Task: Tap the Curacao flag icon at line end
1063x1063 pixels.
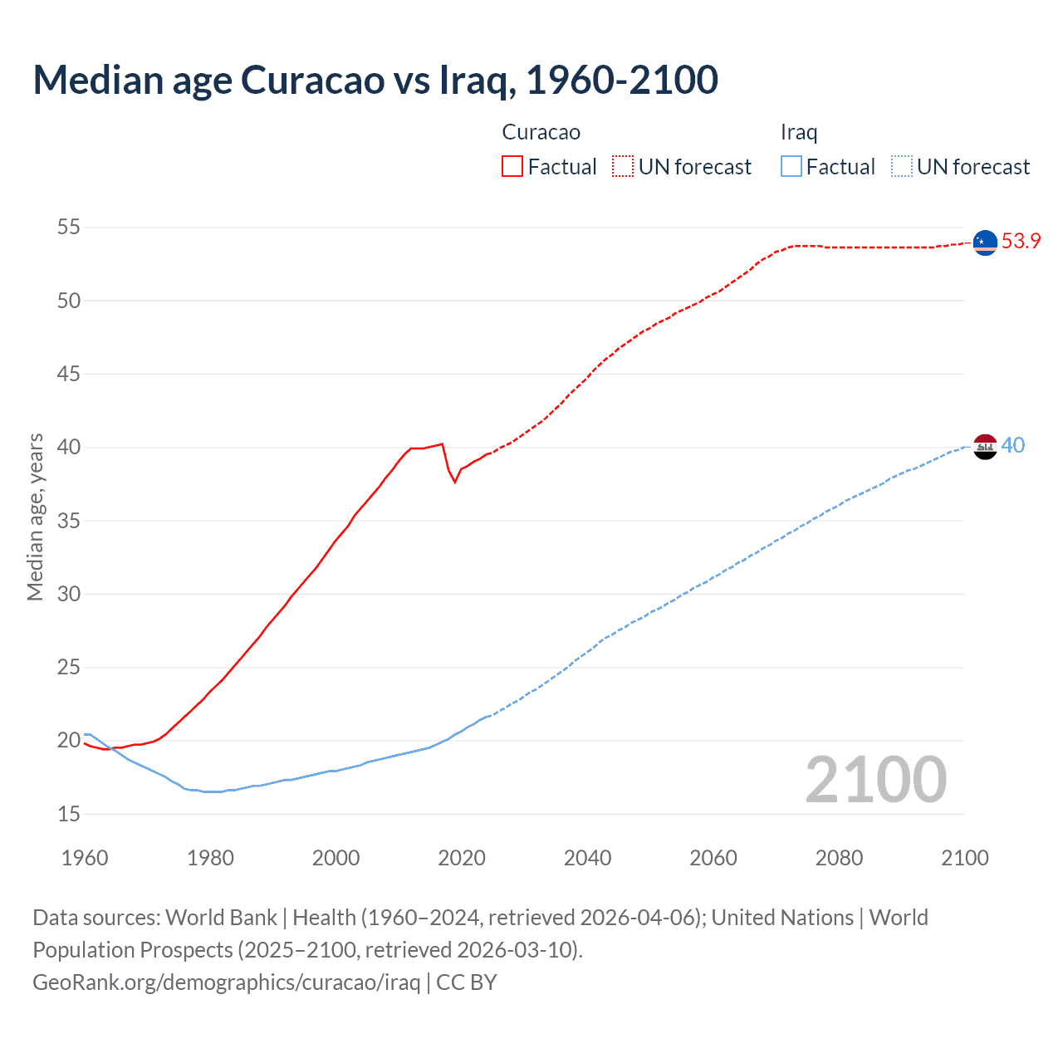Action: [x=984, y=242]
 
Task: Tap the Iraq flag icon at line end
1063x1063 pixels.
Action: [x=984, y=446]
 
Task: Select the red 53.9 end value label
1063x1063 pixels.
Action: [x=1021, y=241]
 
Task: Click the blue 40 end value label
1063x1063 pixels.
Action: [x=1013, y=446]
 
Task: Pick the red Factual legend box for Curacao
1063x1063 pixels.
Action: [x=512, y=167]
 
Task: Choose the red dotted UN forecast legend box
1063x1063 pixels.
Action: [x=623, y=167]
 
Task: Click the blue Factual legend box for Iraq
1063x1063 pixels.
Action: [x=791, y=167]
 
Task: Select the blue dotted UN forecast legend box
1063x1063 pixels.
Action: [x=902, y=167]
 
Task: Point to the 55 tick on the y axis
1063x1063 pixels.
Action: [x=69, y=228]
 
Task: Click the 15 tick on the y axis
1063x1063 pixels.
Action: [x=69, y=814]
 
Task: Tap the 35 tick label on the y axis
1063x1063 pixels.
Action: [x=69, y=522]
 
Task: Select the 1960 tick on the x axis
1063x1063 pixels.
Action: [x=85, y=858]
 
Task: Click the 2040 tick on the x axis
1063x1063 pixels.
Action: [x=587, y=858]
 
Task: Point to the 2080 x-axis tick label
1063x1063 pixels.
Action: [x=839, y=858]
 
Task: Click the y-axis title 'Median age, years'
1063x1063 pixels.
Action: [x=35, y=517]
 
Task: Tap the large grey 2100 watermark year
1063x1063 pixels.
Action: [x=875, y=779]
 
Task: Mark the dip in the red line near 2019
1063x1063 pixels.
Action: [x=454, y=482]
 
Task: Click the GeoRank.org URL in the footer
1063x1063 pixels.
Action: [x=226, y=982]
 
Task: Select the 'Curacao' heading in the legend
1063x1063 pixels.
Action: [x=541, y=132]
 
